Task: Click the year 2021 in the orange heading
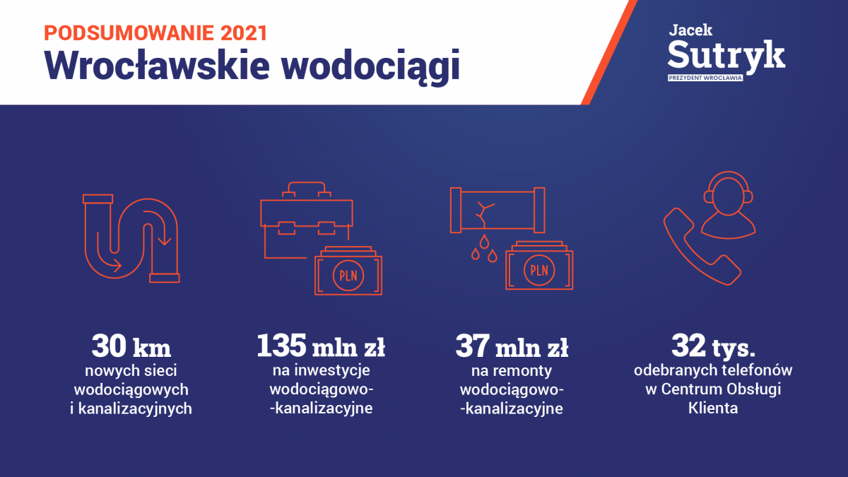(245, 33)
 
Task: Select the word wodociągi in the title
(370, 66)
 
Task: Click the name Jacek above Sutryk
(690, 30)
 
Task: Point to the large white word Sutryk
(726, 56)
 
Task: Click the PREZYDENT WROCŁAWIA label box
(705, 78)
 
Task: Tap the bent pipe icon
(131, 239)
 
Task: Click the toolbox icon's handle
(307, 188)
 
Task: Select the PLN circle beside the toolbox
(348, 275)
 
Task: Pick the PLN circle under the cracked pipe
(539, 270)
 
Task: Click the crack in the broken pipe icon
(484, 214)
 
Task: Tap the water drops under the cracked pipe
(484, 248)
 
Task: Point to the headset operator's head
(728, 196)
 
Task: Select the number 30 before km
(109, 346)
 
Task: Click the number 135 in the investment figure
(281, 346)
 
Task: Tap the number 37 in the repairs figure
(473, 346)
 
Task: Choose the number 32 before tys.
(689, 346)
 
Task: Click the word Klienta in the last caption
(713, 408)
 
